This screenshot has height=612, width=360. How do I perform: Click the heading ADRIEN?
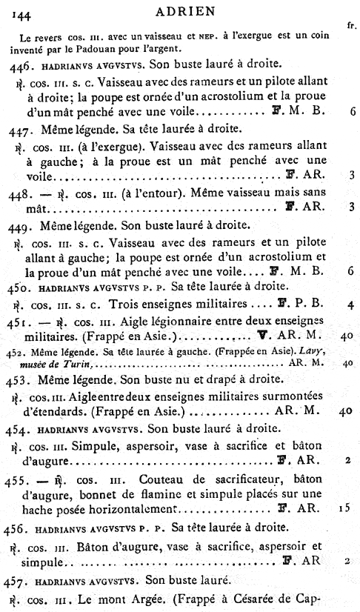pos(181,11)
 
